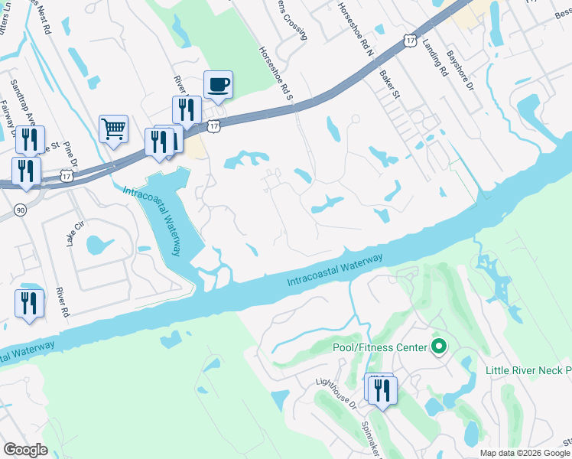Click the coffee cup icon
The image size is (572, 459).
pos(218,85)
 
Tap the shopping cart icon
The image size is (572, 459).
pos(113,129)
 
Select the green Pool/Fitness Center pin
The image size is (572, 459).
pos(438,347)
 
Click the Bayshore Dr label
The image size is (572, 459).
pos(461,68)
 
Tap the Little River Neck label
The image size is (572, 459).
pos(528,370)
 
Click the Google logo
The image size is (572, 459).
pos(25,450)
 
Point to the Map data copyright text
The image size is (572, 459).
pos(525,453)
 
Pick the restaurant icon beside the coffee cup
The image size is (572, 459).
pos(187,110)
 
